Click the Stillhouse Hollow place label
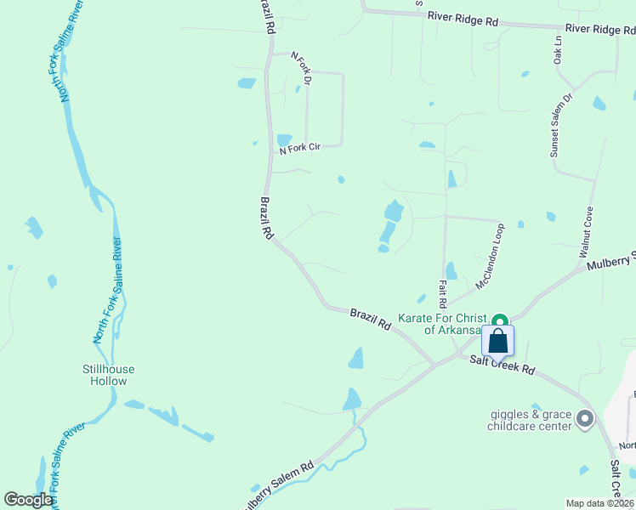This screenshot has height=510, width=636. tap(109, 375)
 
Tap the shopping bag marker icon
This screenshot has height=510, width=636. tap(498, 341)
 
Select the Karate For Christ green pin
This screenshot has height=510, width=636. tap(501, 320)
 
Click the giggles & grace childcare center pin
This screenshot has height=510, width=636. tap(584, 418)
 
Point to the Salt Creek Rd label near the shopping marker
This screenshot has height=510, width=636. tap(503, 365)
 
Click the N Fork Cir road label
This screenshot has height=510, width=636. tap(300, 149)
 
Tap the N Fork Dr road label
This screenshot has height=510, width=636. tap(302, 68)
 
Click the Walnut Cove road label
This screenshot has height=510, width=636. tap(586, 232)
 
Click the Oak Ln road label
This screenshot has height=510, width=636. tap(558, 50)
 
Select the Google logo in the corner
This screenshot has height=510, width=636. tap(28, 499)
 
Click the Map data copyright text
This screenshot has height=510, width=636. tap(599, 503)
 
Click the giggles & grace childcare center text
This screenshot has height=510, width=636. tap(529, 421)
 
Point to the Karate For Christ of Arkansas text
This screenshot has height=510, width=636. tap(440, 324)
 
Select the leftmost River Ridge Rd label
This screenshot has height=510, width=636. tap(463, 18)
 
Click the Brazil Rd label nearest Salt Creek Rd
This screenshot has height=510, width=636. tap(371, 320)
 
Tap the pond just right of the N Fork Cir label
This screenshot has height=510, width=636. tap(340, 179)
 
